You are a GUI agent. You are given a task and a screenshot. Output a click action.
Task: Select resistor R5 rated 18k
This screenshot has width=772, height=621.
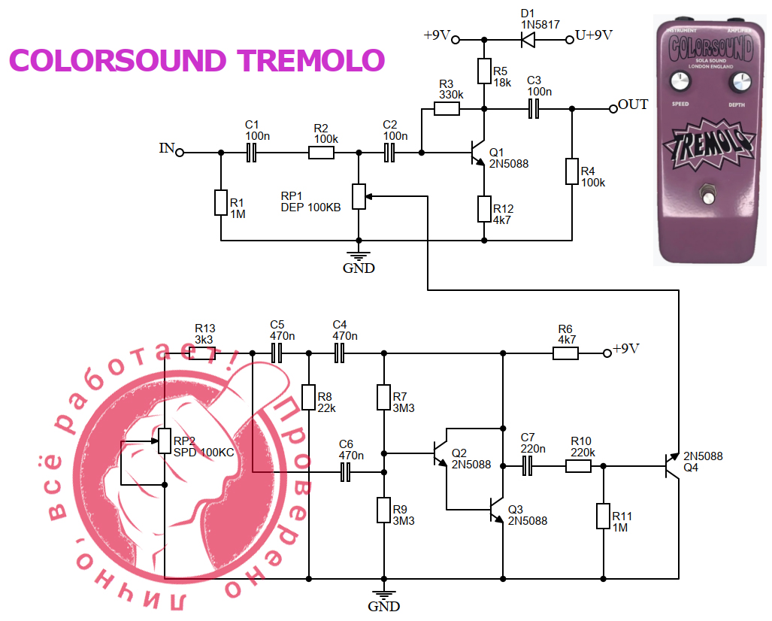484,72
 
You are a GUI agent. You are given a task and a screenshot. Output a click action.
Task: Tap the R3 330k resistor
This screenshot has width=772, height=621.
447,109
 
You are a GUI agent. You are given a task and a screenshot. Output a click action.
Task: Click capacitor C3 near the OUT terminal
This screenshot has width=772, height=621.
535,109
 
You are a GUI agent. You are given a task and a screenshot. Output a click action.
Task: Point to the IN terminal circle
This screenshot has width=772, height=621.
180,152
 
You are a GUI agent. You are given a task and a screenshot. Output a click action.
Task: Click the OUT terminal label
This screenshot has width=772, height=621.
632,105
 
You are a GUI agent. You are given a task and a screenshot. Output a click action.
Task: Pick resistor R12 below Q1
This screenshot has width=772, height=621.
484,209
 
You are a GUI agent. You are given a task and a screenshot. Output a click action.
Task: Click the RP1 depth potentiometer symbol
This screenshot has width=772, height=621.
359,196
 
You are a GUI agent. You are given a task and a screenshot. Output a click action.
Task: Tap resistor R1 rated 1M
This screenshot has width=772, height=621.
220,203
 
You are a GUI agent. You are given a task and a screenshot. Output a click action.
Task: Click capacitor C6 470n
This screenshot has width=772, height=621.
347,472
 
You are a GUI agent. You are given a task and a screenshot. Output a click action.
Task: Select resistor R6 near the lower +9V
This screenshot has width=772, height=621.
565,353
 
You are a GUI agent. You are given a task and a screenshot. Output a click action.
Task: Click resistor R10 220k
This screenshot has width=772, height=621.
578,466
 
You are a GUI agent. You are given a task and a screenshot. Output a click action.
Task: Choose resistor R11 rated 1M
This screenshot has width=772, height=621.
603,516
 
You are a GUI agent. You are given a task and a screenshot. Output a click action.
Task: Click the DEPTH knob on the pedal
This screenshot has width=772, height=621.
739,83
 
